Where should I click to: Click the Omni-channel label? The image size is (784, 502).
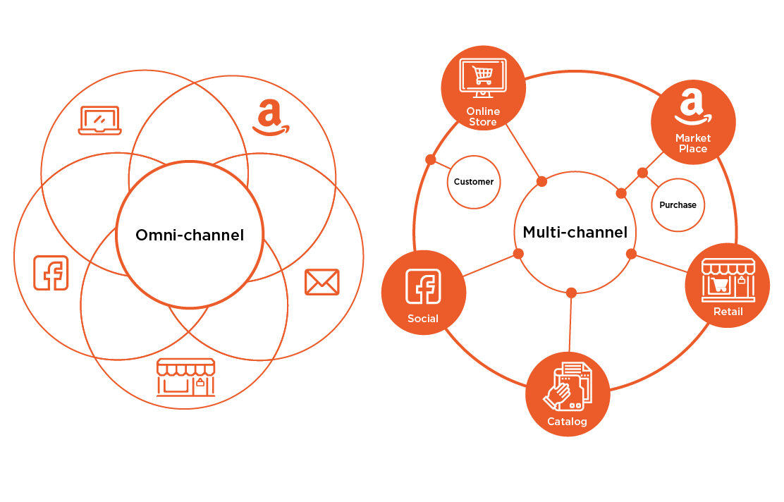click(190, 235)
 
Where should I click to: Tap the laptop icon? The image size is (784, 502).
click(99, 120)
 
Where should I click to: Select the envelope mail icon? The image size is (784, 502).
click(321, 282)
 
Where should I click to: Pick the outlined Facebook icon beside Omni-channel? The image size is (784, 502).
click(51, 273)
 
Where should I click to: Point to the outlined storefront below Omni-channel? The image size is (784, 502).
click(185, 377)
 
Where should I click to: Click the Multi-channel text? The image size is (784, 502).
click(575, 232)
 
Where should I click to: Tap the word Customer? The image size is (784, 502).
click(474, 182)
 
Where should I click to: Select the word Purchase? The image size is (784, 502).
click(678, 205)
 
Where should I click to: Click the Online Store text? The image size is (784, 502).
click(483, 116)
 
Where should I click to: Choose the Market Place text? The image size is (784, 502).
click(693, 143)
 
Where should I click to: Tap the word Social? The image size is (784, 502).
click(423, 319)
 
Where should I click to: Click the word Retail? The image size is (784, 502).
click(728, 312)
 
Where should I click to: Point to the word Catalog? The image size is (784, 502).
click(567, 422)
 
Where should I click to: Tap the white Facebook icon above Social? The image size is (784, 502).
click(423, 287)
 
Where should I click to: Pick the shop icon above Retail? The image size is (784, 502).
click(728, 279)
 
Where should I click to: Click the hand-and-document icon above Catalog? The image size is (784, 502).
click(568, 387)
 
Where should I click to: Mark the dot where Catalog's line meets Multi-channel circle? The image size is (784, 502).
click(571, 293)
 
